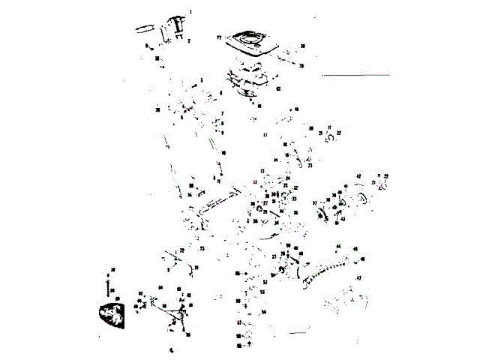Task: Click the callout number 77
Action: pos(220,37)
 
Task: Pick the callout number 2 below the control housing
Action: pos(188,40)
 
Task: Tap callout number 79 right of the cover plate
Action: pos(301,66)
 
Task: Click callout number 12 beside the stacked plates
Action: pos(277,88)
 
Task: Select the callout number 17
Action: pos(265,135)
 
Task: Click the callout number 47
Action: pos(358,277)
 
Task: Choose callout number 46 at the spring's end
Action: pos(363,259)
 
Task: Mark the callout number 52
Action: pos(264,283)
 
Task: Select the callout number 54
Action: pos(263,311)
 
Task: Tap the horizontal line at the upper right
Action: pos(355,75)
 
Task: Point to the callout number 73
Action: pos(202,247)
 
